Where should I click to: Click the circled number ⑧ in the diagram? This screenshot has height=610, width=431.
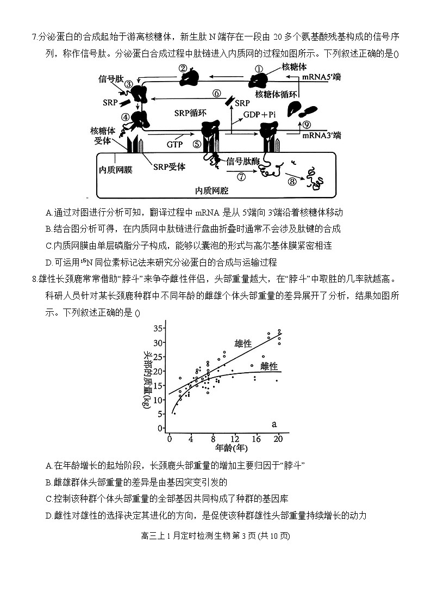(292, 182)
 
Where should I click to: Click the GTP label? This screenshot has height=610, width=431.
(174, 145)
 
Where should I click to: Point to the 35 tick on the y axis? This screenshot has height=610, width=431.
(158, 328)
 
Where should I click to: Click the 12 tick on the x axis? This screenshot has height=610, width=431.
(235, 439)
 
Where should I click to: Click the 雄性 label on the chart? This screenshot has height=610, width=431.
(243, 344)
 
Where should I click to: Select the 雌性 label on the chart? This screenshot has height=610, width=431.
(268, 366)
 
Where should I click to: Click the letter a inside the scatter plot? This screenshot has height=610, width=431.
(274, 424)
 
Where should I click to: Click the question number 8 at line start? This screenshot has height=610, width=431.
(34, 280)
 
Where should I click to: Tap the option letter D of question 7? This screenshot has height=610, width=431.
(49, 262)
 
